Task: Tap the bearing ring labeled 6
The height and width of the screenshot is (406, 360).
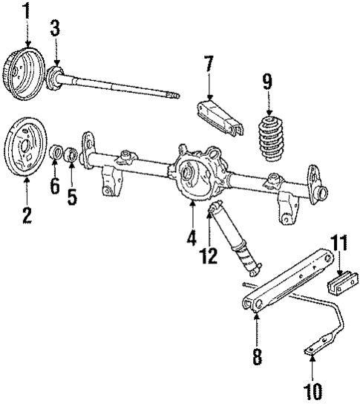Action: click(54, 154)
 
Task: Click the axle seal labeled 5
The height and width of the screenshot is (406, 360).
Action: click(71, 154)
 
